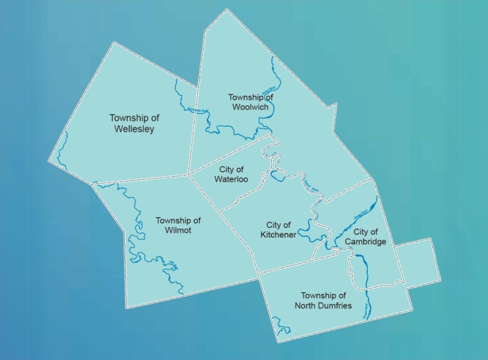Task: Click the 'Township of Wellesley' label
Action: tap(134, 123)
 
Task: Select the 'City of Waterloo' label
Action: tap(232, 174)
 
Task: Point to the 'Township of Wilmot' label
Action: tap(178, 225)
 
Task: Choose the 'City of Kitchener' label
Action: tap(279, 230)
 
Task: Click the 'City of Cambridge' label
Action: tap(366, 237)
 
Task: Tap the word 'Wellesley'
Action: tap(134, 129)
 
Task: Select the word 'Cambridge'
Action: tap(366, 242)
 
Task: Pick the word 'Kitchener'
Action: tap(279, 235)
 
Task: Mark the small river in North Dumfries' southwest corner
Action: tap(281, 329)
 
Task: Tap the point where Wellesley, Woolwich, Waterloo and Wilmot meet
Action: tap(189, 174)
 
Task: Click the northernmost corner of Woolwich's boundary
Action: tap(224, 9)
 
